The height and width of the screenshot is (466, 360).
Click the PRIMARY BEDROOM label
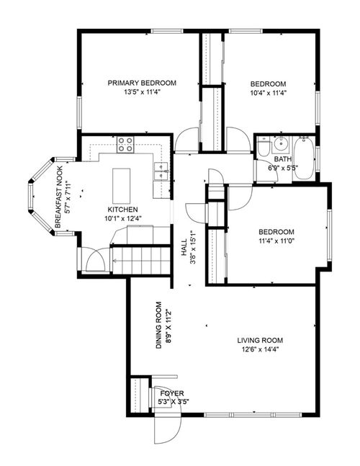click(142, 83)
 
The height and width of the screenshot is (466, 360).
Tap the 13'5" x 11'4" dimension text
click(142, 92)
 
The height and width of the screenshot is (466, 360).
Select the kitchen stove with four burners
click(125, 145)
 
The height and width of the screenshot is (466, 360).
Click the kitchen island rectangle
click(121, 186)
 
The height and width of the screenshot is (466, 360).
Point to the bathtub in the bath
click(303, 158)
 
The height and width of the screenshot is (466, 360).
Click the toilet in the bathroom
click(264, 148)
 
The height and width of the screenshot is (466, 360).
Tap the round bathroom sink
click(280, 144)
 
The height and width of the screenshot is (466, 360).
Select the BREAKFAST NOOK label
click(59, 197)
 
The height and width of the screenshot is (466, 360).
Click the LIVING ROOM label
click(260, 340)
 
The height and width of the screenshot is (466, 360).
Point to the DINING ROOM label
click(159, 325)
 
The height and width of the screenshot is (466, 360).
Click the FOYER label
click(174, 393)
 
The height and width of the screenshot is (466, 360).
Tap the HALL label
click(184, 247)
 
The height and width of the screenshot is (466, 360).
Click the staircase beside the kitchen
click(141, 261)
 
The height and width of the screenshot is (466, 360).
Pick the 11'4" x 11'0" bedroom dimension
click(276, 241)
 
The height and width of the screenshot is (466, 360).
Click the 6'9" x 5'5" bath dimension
click(283, 168)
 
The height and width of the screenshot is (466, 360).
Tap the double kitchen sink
click(161, 171)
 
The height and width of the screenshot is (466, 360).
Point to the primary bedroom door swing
click(186, 140)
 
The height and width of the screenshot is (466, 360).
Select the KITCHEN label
click(122, 210)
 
